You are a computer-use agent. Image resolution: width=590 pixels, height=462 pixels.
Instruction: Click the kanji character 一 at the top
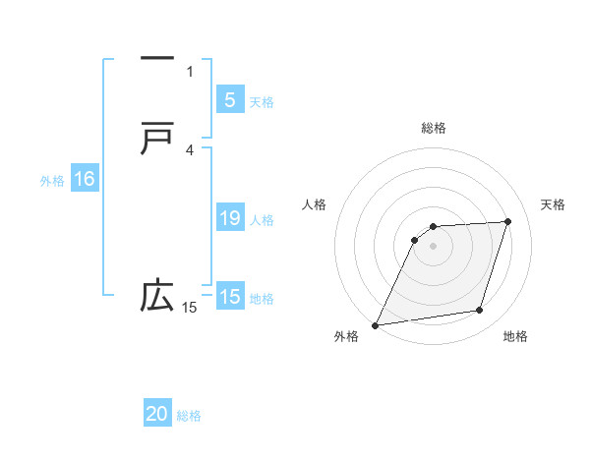157,59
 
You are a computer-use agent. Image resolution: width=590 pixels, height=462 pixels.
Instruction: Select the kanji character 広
157,295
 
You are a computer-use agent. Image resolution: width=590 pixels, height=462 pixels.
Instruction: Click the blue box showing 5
229,100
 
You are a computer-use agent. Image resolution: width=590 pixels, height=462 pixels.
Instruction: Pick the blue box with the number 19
229,218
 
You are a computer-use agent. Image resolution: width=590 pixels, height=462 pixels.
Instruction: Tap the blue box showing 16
84,179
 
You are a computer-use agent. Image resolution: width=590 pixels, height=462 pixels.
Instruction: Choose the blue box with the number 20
157,414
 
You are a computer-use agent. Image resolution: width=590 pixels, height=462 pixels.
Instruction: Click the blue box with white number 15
229,297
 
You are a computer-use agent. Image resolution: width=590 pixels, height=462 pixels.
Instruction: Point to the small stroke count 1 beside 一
190,71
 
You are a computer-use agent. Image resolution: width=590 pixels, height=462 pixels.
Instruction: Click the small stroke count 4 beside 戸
190,149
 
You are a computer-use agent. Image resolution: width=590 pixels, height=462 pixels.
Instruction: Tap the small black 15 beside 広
190,308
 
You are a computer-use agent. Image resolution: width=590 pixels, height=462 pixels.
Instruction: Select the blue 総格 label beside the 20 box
190,416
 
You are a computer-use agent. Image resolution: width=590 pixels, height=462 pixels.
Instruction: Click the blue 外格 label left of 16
52,181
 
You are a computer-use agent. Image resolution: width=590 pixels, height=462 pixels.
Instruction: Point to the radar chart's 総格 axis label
434,128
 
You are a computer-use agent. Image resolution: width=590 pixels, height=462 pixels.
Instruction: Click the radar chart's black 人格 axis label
314,204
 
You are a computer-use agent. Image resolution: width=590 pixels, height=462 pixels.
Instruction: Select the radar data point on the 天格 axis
508,221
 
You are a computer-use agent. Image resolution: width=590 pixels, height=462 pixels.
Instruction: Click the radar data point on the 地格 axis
480,311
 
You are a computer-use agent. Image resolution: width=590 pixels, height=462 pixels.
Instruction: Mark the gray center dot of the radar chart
434,247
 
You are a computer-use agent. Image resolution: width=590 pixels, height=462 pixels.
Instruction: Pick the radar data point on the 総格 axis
434,227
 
